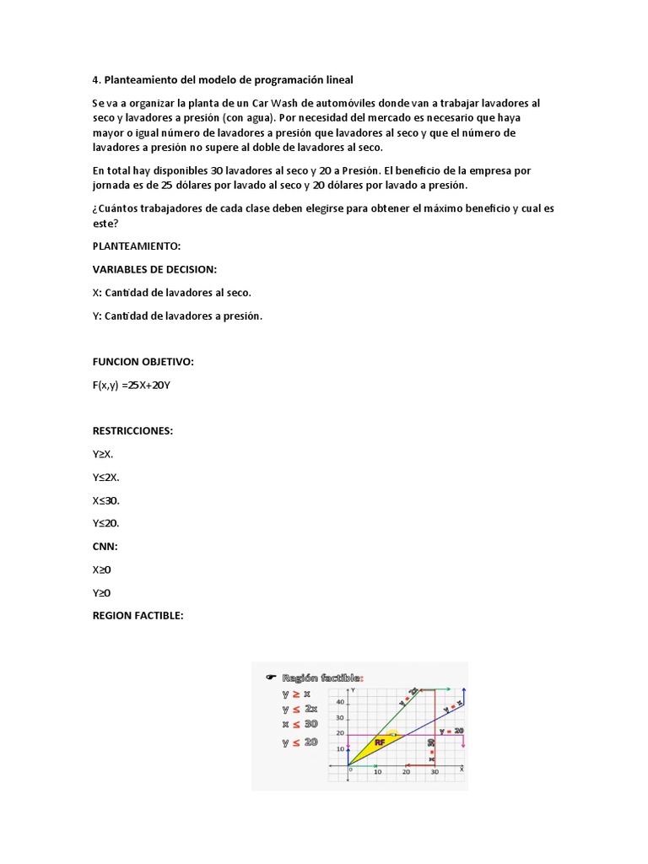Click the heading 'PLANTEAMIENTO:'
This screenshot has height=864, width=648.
tap(137, 246)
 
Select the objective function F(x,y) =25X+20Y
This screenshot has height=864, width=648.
tap(136, 385)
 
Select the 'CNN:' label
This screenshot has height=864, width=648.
tap(105, 546)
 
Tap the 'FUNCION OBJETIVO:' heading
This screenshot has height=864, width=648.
tap(143, 362)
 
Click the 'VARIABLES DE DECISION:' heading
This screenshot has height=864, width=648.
tap(154, 269)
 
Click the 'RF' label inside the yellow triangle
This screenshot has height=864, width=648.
tap(380, 742)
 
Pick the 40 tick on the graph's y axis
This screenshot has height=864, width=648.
tap(340, 702)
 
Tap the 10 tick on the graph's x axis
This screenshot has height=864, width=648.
tap(377, 772)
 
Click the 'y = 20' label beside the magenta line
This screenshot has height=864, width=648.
tap(451, 731)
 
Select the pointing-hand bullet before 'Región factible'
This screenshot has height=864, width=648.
tap(271, 677)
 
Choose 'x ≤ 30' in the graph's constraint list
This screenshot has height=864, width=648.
tap(300, 724)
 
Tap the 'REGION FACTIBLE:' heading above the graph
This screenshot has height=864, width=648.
tap(138, 615)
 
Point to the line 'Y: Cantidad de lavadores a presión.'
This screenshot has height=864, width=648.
tap(177, 316)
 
